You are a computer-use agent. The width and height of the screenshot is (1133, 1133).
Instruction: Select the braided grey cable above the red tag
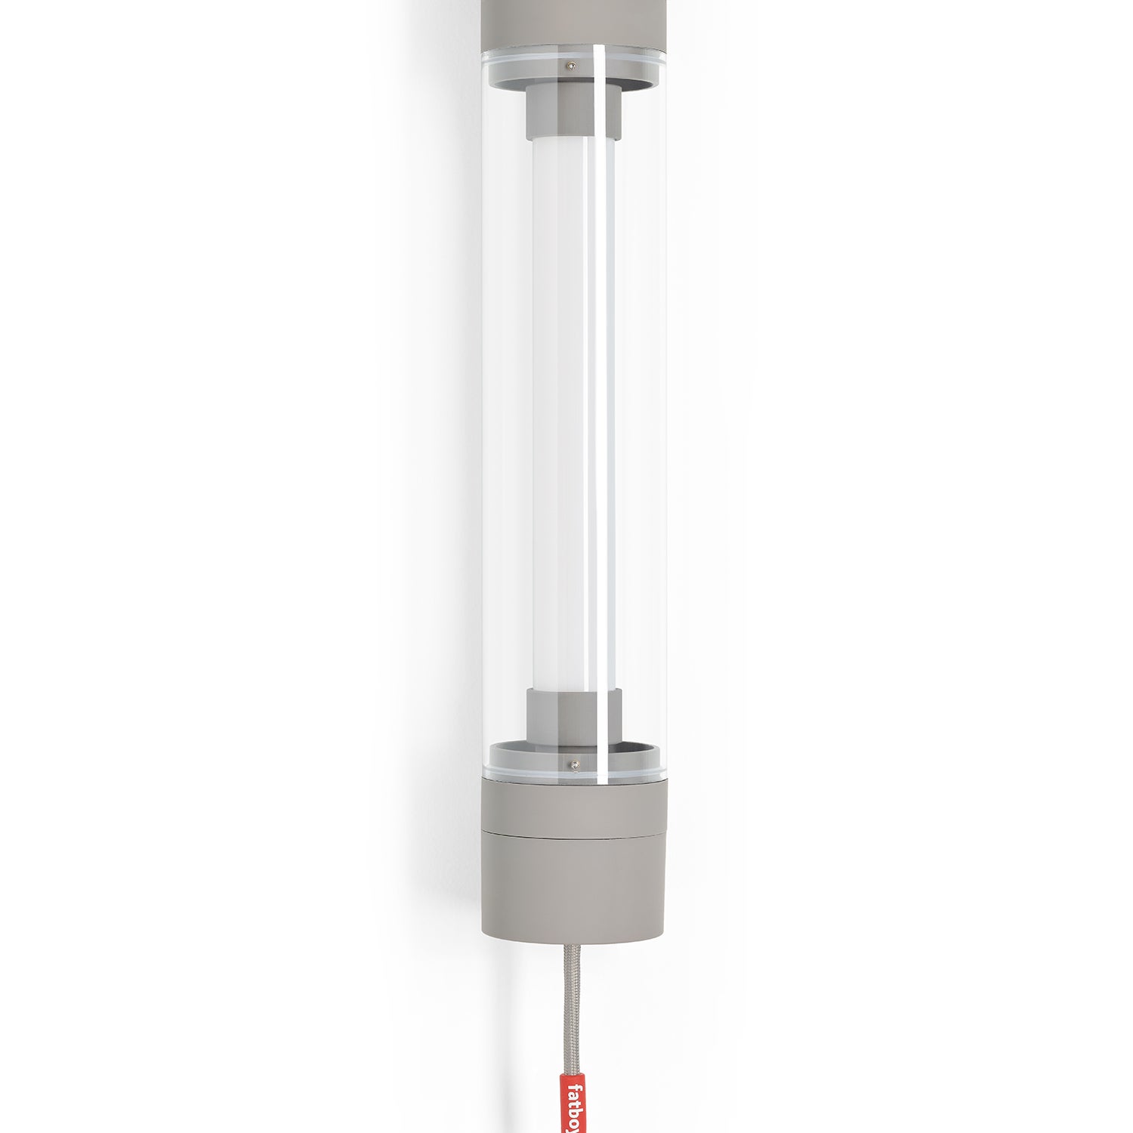click(x=574, y=1012)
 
